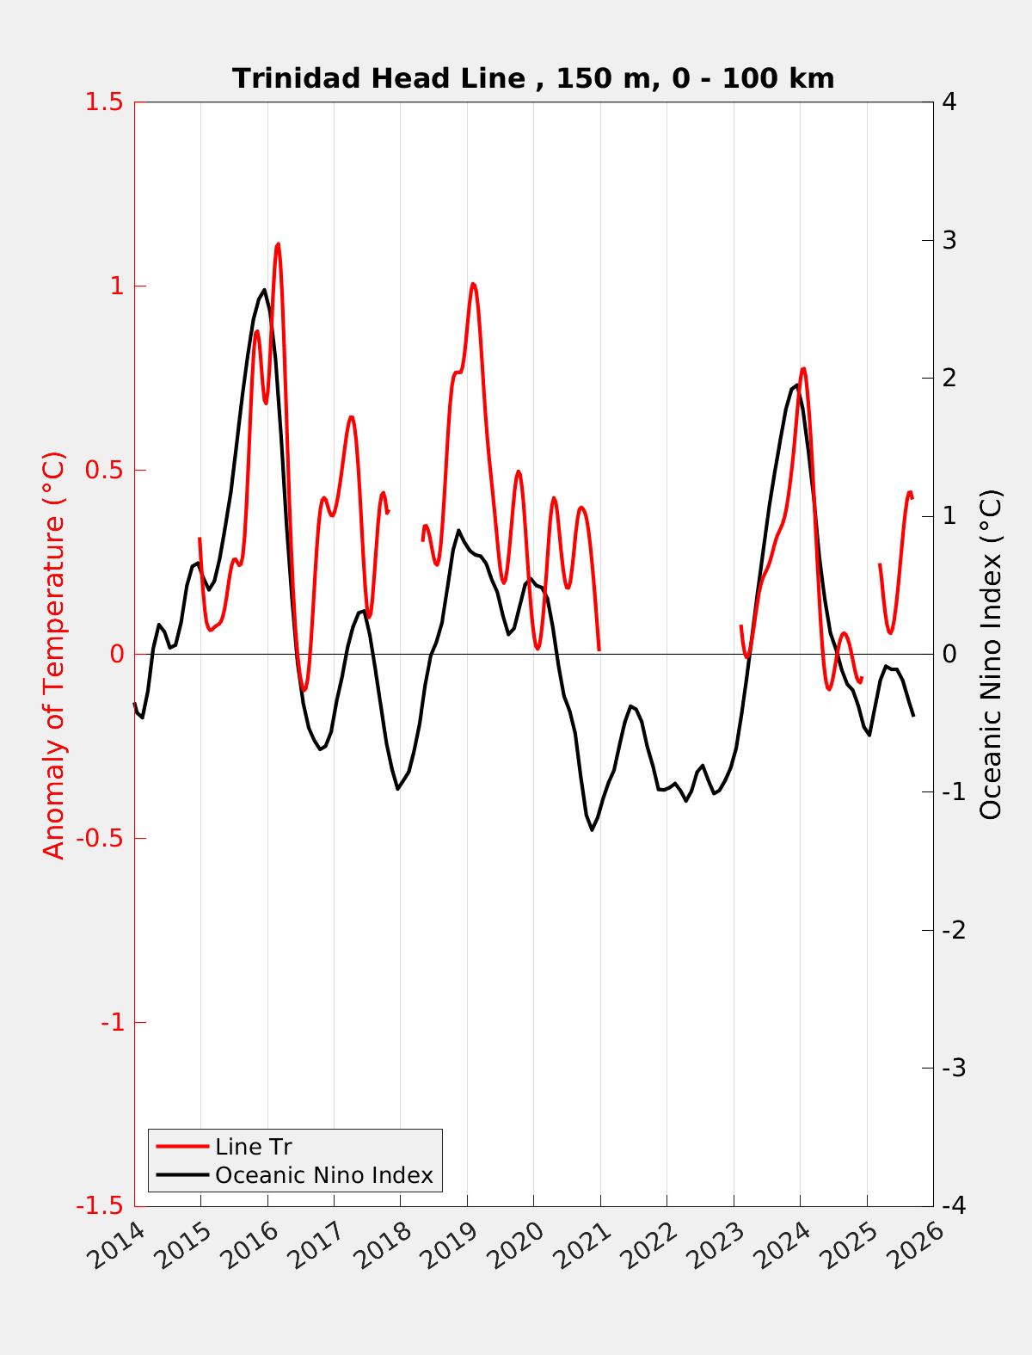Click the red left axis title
point(54,656)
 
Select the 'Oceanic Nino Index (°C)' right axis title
point(991,656)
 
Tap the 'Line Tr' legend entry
point(254,1147)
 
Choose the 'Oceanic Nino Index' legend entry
point(323,1175)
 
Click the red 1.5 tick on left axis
point(104,102)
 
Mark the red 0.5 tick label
point(104,471)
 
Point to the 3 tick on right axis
point(949,240)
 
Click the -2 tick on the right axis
point(953,930)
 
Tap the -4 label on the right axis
point(953,1206)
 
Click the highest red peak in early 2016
point(278,244)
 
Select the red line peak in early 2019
point(473,284)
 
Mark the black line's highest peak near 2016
point(264,290)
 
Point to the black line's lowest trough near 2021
point(592,829)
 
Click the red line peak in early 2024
point(803,369)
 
